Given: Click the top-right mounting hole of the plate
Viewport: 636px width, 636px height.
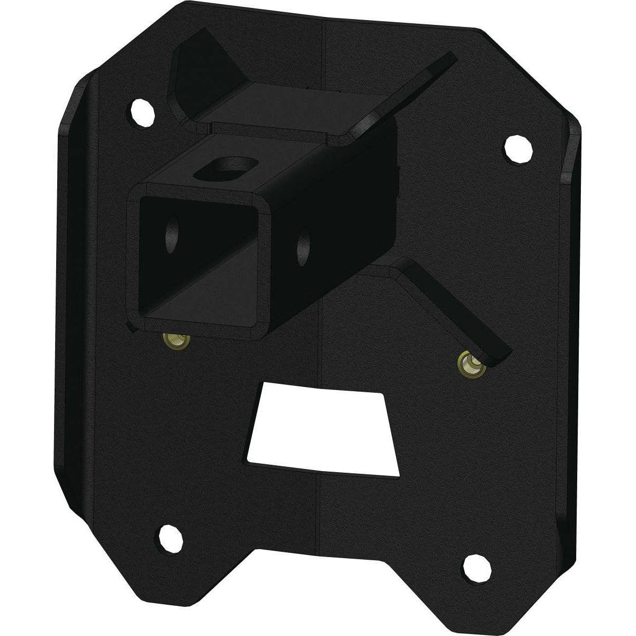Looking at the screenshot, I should (519, 150).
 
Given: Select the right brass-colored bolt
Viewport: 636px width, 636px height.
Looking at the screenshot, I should (467, 364).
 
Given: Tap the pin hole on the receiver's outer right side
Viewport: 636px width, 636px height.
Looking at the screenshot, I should (304, 243).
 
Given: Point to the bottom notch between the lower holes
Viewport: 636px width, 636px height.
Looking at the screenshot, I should (318, 551).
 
